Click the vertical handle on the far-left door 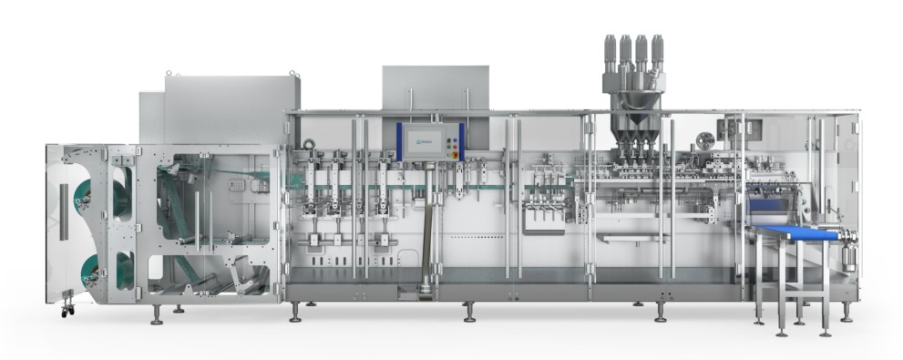tap(63, 211)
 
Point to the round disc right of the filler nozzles tap(703, 140)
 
